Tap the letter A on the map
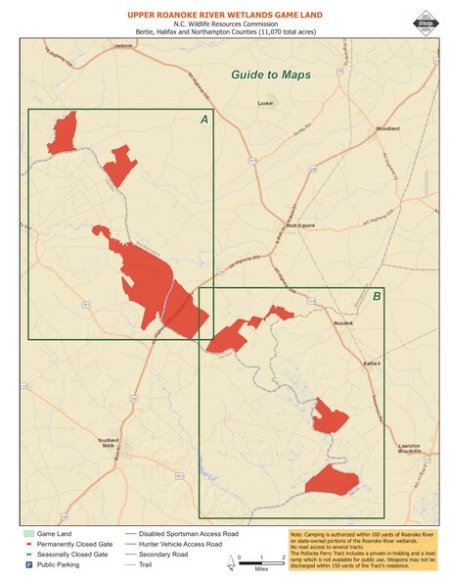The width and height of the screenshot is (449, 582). (x=203, y=120)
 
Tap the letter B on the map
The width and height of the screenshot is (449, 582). (x=377, y=296)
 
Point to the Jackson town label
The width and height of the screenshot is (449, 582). (x=122, y=45)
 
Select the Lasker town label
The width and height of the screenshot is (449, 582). (x=264, y=102)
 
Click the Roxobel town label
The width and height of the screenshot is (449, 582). (x=342, y=322)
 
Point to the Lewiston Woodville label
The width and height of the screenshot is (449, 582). (x=408, y=449)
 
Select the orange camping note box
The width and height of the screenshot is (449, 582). (x=362, y=550)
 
